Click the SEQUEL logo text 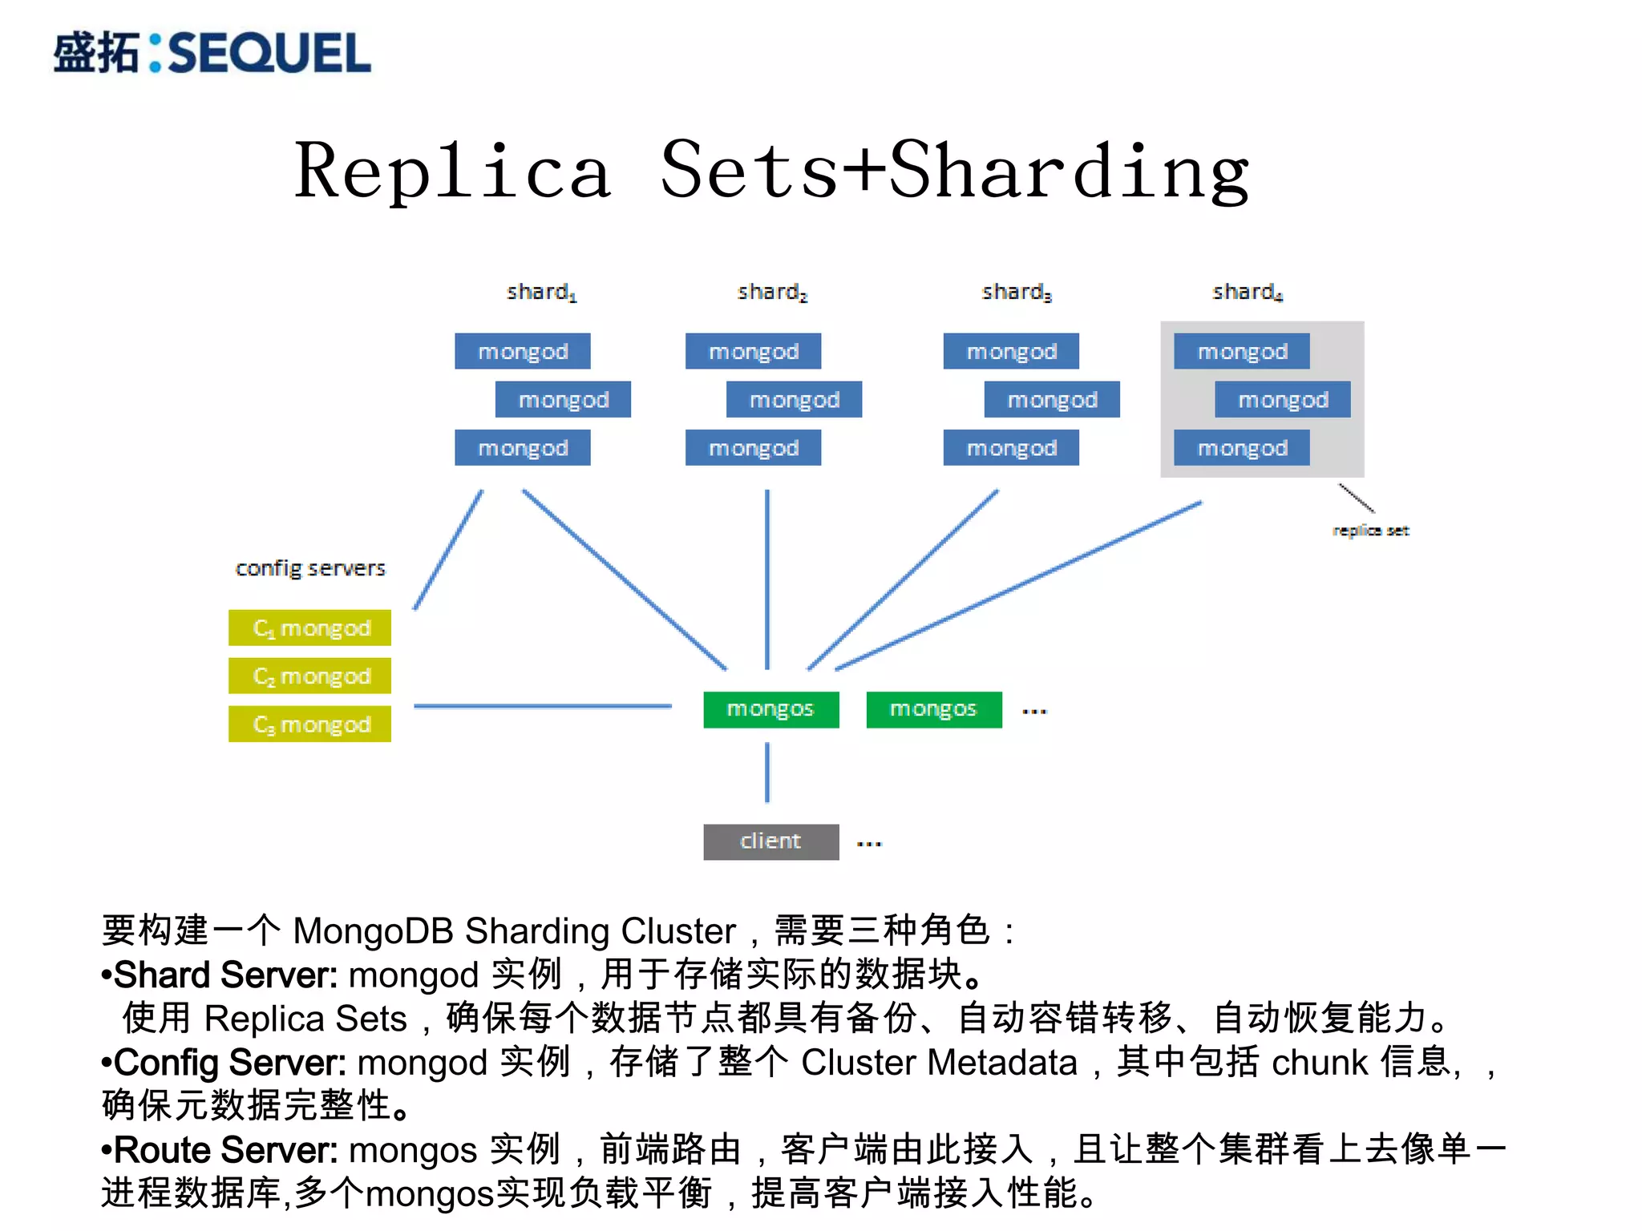(x=269, y=53)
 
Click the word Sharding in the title (x=1070, y=170)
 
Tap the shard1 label (x=541, y=292)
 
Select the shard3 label (x=1016, y=292)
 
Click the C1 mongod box (x=310, y=628)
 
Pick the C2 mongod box (x=310, y=676)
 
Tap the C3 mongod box (x=310, y=724)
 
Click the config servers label (x=310, y=568)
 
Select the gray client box (x=770, y=842)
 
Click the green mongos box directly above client (x=770, y=709)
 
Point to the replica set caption (x=1370, y=531)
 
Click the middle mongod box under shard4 (x=1282, y=399)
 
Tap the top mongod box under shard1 (x=523, y=351)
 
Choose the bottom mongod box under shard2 (x=753, y=447)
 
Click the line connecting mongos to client (x=767, y=773)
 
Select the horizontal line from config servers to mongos (x=542, y=706)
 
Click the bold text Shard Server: (x=224, y=975)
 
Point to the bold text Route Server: (x=224, y=1150)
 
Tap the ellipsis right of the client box (x=869, y=843)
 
